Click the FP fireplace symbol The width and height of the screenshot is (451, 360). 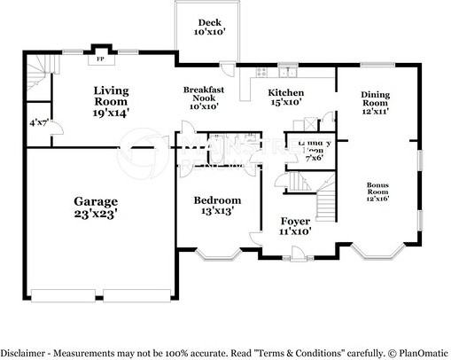pos(100,61)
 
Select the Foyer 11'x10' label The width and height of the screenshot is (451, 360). pos(294,225)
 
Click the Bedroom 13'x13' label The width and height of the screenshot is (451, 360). pos(217,206)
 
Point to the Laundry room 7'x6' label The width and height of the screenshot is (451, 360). pos(313,150)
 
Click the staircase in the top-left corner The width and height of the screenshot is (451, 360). pos(36,71)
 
